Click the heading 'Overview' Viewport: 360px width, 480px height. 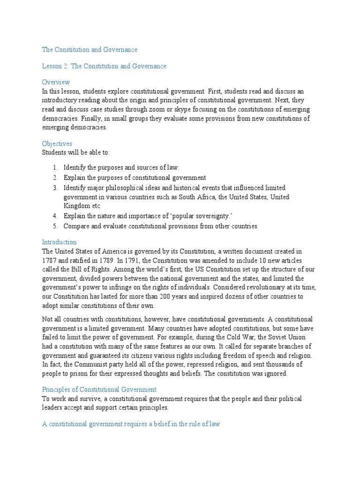tap(56, 82)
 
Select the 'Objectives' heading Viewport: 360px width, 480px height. tap(57, 144)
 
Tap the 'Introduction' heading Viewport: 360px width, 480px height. tap(60, 242)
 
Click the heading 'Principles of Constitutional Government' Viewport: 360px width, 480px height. tap(99, 390)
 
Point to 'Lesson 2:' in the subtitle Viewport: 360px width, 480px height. tap(55, 67)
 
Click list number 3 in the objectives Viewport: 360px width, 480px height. tap(54, 188)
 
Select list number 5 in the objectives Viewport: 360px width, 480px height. tap(54, 226)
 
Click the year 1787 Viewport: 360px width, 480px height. tap(49, 260)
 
